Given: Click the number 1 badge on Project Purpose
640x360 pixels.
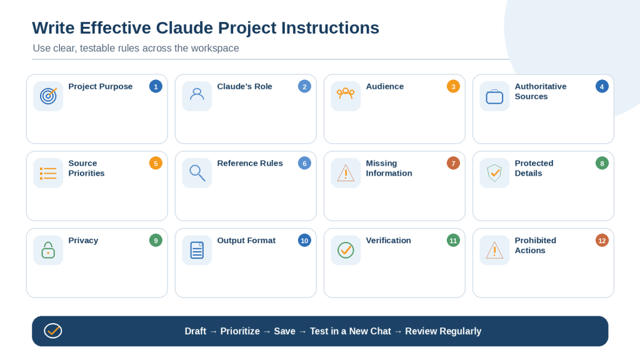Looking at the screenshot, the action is pos(156,86).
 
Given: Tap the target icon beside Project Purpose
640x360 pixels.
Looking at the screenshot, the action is pos(48,96).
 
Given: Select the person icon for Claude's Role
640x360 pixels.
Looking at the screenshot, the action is pos(197,95).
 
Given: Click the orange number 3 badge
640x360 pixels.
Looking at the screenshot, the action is pos(453,86).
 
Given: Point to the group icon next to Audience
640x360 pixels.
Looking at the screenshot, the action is pos(346,94).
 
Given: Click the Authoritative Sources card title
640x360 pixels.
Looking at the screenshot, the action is pos(541,91).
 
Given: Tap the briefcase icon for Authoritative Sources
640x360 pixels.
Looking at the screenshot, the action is pos(494,97).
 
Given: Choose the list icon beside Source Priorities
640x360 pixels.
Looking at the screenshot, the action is pos(48,174).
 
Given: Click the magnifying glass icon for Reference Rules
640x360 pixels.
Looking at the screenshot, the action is pos(197,173).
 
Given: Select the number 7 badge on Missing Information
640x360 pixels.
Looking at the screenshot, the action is pos(453,163).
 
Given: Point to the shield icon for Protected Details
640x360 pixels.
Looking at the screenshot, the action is pos(494,173).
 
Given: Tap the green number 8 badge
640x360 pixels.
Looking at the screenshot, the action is pos(602,163).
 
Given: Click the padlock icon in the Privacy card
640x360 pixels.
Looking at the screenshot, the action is pos(48,250).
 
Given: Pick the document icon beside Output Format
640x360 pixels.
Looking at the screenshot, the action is pos(197,250).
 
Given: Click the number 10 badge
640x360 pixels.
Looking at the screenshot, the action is pos(304,241).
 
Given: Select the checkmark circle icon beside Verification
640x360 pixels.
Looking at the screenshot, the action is pos(346,250).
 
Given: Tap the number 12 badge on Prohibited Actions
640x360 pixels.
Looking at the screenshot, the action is pos(602,241).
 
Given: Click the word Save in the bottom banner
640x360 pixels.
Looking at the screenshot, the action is pos(284,331).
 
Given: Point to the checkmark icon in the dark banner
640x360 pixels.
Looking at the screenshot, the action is pos(53,331).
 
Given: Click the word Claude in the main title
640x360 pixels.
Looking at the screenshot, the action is pos(184,27).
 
